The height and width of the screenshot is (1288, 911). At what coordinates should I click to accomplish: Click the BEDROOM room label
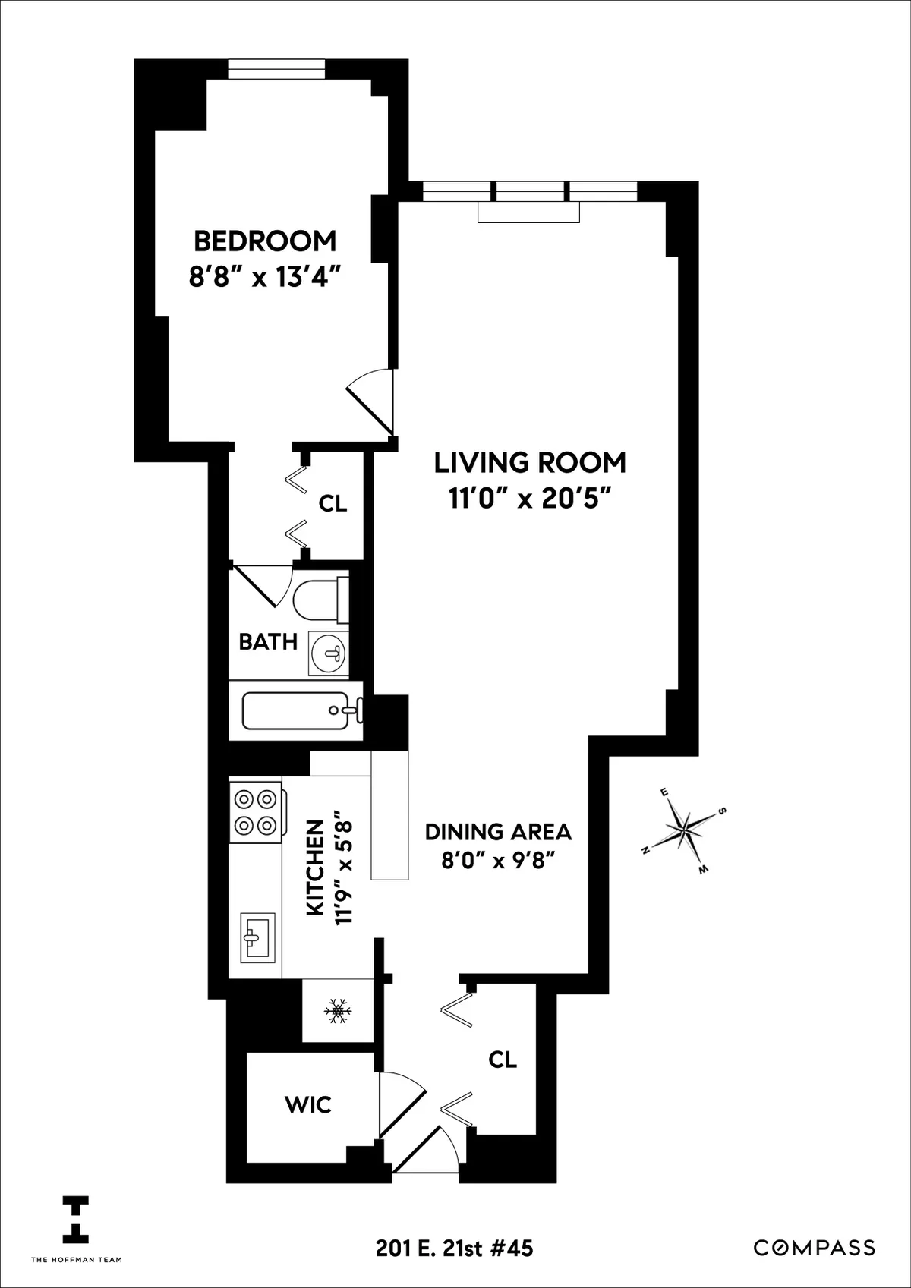coord(265,241)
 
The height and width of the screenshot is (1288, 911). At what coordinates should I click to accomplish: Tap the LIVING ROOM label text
coord(530,462)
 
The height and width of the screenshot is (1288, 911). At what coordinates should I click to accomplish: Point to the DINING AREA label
coord(498,832)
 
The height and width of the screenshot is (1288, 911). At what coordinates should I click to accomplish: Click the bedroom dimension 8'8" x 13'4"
coord(263,278)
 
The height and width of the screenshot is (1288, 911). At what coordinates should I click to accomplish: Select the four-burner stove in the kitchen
coord(255,811)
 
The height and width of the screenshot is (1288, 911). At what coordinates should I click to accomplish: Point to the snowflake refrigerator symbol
coord(339,1011)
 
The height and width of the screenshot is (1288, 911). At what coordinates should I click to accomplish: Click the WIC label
coord(308,1104)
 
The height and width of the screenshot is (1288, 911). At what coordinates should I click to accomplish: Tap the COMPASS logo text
coord(814,1248)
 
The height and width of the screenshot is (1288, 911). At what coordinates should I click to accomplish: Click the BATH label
coord(268,642)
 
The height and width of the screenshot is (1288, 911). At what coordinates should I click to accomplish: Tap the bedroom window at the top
coord(277,69)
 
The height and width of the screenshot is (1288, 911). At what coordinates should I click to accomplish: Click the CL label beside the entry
coord(503,1060)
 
